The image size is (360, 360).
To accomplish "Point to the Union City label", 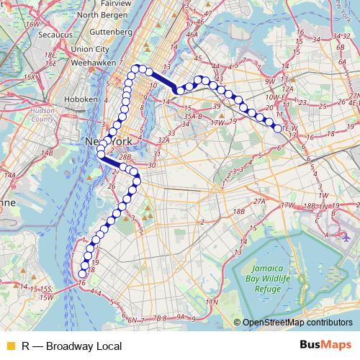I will click(x=90, y=49).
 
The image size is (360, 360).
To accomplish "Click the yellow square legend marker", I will click(x=8, y=346).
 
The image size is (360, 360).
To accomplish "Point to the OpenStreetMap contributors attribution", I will click(x=297, y=323).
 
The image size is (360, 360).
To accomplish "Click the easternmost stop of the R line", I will click(x=278, y=128).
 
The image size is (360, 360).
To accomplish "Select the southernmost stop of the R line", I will click(x=82, y=274).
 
